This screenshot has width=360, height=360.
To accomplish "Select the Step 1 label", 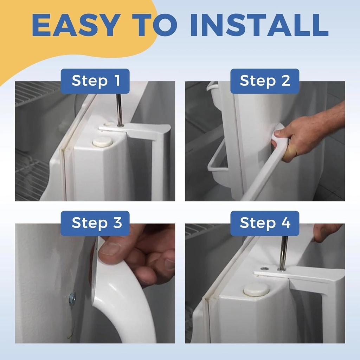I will pyautogui.click(x=95, y=81).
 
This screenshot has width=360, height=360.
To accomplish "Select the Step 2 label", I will pyautogui.click(x=265, y=81).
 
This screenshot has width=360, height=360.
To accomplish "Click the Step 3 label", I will pyautogui.click(x=95, y=223).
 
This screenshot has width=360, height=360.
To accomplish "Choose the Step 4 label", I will pyautogui.click(x=265, y=223).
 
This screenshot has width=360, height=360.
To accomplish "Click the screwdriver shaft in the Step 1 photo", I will pyautogui.click(x=120, y=109).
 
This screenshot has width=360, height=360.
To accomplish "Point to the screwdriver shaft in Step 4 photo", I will pyautogui.click(x=283, y=251).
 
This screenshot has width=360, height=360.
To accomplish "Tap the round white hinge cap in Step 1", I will pyautogui.click(x=102, y=142).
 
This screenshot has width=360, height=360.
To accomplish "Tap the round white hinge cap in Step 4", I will pyautogui.click(x=256, y=289).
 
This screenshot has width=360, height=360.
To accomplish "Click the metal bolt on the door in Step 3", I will pyautogui.click(x=73, y=298).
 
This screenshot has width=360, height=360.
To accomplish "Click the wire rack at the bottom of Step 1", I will pyautogui.click(x=32, y=176).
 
